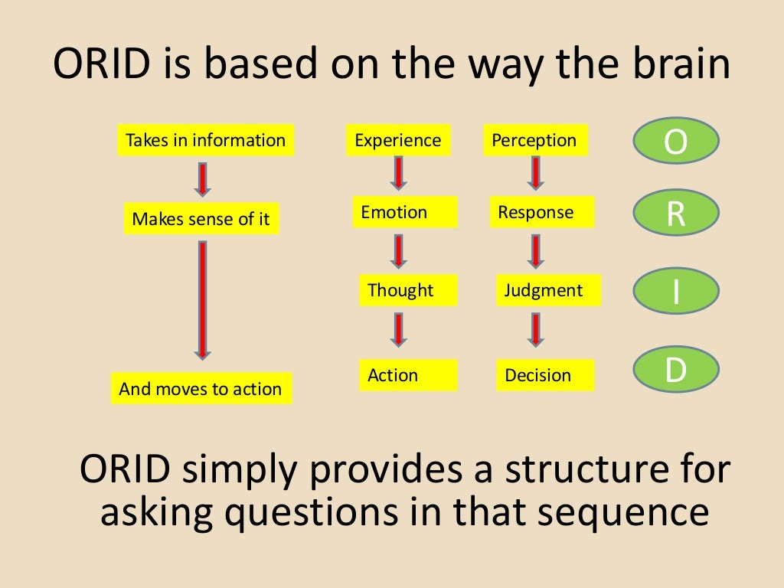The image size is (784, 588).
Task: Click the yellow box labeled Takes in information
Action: coord(205,141)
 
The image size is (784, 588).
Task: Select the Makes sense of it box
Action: coord(201,220)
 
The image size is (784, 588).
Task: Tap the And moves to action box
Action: coord(201,389)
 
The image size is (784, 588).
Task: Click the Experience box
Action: coord(398,141)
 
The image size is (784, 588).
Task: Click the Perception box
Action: coord(534,141)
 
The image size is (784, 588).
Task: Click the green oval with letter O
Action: coord(676,142)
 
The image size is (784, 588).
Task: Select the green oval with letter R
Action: coord(676,214)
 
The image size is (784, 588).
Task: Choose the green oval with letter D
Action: coord(676,370)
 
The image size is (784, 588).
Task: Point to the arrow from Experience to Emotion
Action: coord(398,173)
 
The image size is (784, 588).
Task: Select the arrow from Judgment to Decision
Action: coord(537,330)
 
